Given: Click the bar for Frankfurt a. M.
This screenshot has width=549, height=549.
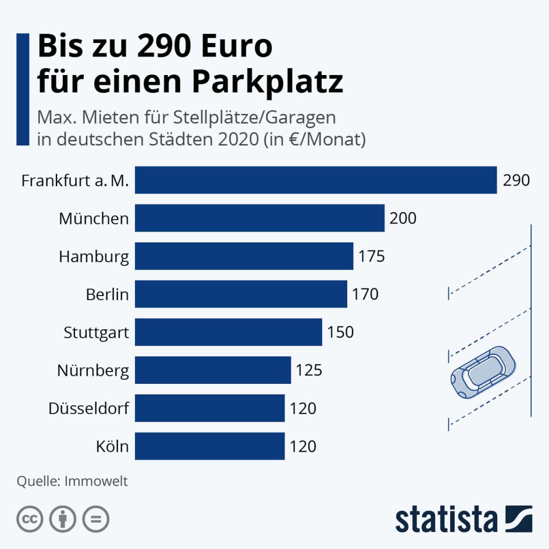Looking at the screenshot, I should click(316, 180).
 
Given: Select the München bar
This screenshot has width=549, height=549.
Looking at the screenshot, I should click(259, 218).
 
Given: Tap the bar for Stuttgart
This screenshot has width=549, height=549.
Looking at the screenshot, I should click(228, 332).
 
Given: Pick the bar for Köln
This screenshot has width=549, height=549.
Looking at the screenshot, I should click(210, 446).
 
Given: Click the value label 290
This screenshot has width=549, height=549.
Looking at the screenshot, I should click(516, 180).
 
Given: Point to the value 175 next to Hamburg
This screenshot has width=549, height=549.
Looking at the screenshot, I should click(372, 256).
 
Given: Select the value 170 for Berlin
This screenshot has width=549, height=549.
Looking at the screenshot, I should click(365, 294).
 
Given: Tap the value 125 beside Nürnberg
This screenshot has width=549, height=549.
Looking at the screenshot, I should click(309, 370).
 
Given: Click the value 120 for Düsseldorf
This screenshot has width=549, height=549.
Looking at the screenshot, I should click(303, 409).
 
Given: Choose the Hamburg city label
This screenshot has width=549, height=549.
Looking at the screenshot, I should click(94, 257).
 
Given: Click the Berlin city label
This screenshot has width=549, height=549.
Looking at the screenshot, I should click(107, 294).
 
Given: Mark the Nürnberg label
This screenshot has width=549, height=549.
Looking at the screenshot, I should click(93, 371).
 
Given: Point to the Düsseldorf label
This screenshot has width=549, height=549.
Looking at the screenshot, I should click(88, 409).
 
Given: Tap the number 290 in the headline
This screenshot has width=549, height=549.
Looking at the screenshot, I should click(167, 47).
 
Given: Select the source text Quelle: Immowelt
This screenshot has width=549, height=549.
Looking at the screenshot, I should click(72, 481).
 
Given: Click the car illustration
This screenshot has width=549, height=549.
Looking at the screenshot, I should click(483, 371).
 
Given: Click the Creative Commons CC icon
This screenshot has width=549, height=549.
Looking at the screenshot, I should click(31, 519).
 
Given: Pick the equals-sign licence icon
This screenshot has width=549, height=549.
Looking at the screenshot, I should click(96, 519).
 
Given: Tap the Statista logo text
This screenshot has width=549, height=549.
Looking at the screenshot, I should click(446, 520).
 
